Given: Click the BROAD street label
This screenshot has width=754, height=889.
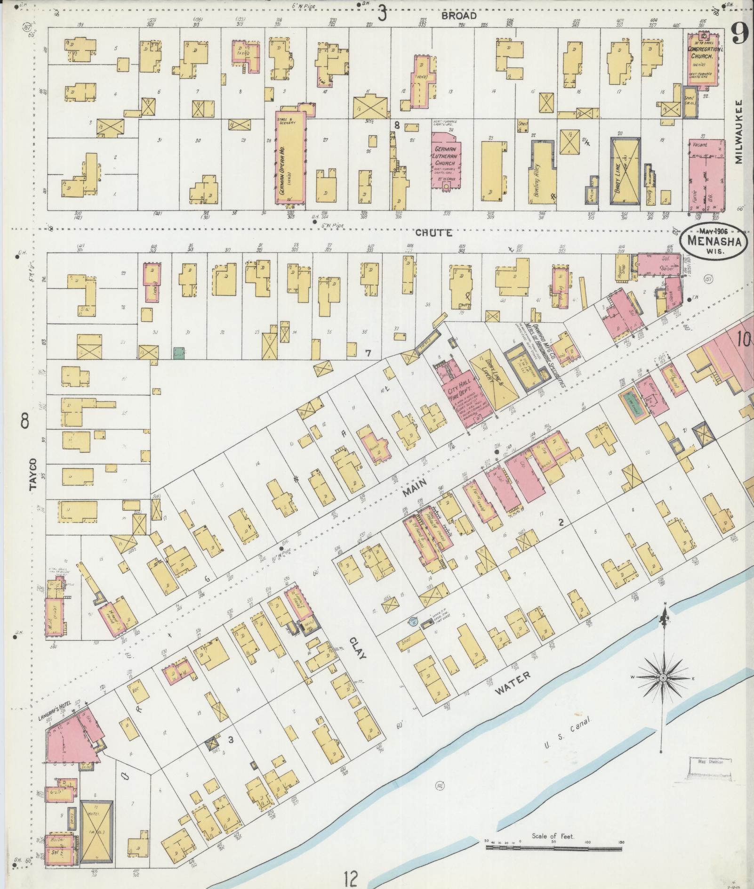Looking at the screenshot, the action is pyautogui.click(x=459, y=15).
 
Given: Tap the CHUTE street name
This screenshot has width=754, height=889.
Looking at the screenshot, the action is pyautogui.click(x=434, y=232).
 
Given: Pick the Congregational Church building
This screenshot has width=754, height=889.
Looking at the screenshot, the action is pyautogui.click(x=703, y=59).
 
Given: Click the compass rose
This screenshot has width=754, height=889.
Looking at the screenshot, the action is pyautogui.click(x=663, y=677).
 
